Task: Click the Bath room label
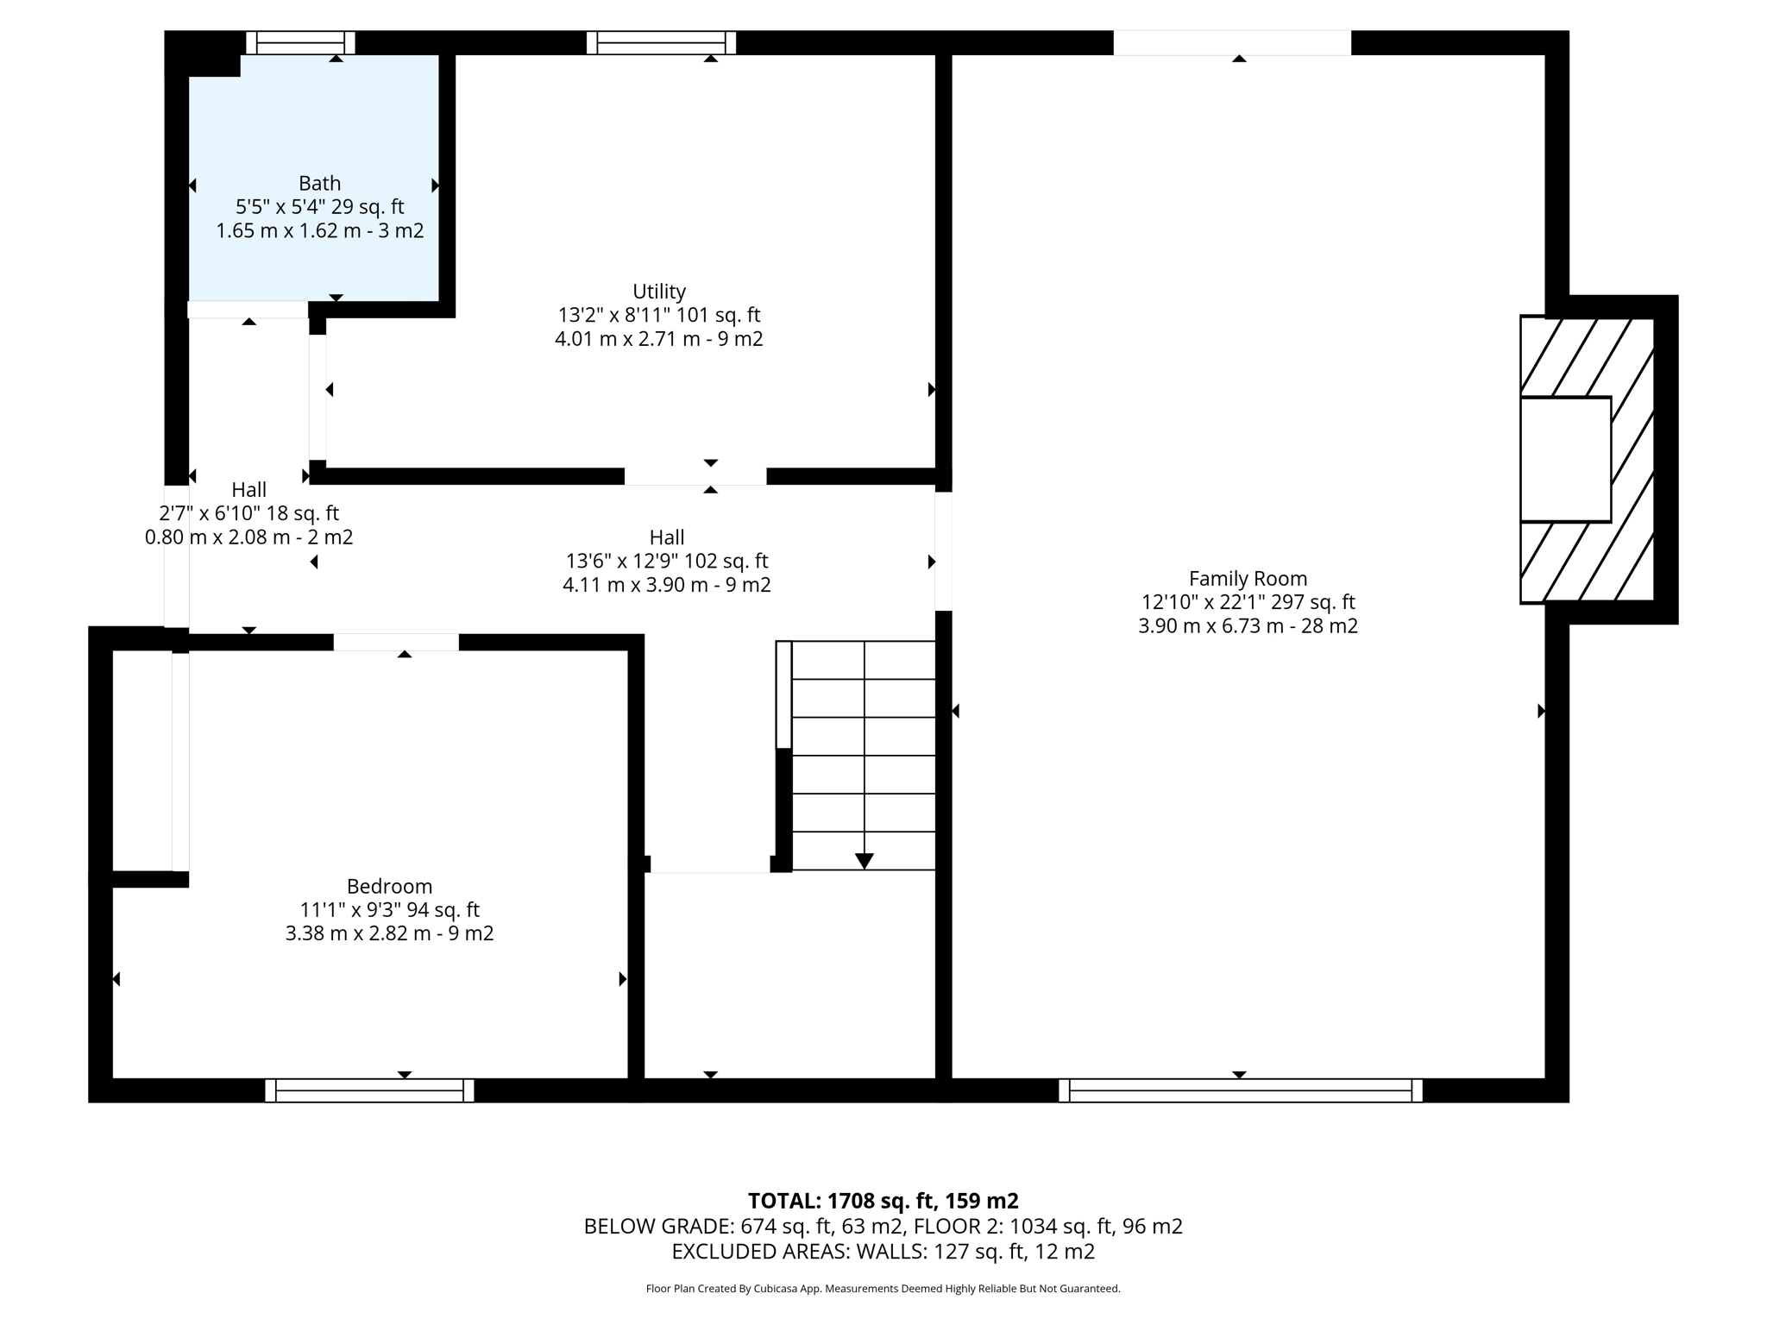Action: pos(319,184)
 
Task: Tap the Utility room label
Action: pos(659,292)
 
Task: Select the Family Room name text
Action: pos(1248,579)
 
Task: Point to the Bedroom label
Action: pos(389,886)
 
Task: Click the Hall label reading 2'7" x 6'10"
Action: pos(248,513)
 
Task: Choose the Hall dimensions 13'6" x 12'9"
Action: pos(666,561)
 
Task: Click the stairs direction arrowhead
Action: pos(865,861)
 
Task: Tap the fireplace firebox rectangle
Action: pos(1565,459)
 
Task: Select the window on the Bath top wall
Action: pos(300,43)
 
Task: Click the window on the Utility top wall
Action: pos(661,43)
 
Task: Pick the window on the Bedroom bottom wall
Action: pos(369,1090)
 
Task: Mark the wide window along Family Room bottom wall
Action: pos(1240,1090)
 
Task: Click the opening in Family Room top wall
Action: pos(1231,43)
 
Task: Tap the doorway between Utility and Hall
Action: pos(695,476)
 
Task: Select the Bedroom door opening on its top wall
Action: pos(396,642)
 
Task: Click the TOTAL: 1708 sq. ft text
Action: pos(883,1201)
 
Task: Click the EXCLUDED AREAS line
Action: pos(883,1252)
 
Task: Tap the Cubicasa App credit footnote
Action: pos(883,1289)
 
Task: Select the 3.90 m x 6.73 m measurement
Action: pos(1248,626)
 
